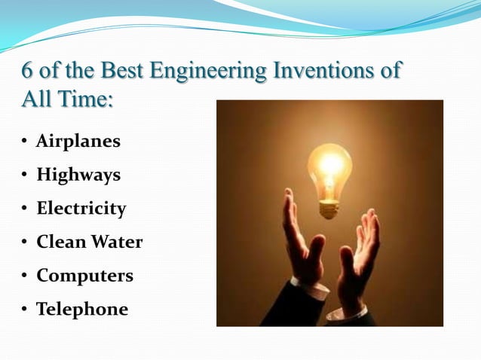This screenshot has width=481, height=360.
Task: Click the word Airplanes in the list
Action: [x=78, y=142]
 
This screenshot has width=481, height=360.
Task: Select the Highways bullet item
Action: [x=78, y=175]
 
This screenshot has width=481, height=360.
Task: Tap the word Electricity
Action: [x=81, y=209]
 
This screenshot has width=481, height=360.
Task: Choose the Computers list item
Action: [x=84, y=276]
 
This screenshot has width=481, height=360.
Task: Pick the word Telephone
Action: [x=82, y=309]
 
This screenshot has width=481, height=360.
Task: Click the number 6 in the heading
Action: [x=29, y=72]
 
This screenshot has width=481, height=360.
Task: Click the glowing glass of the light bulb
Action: [x=329, y=167]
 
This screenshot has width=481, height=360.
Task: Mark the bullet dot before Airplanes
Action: [x=26, y=142]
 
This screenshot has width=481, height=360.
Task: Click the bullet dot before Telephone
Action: [x=26, y=310]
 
